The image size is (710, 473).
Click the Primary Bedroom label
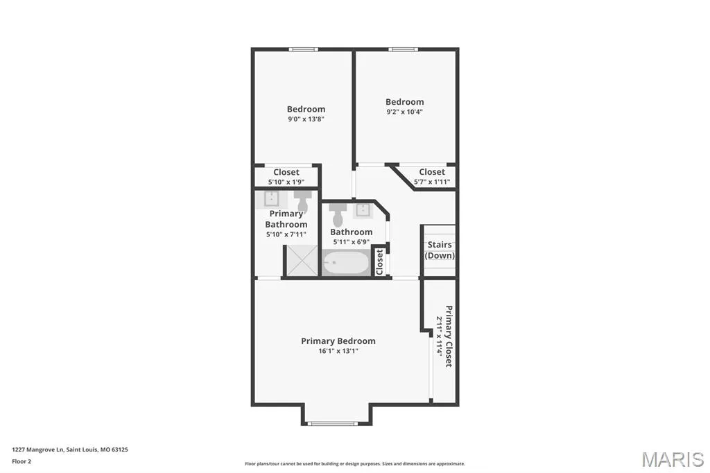click(x=338, y=341)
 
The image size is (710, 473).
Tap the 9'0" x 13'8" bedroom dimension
click(x=306, y=119)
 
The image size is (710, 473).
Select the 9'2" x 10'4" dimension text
click(x=405, y=112)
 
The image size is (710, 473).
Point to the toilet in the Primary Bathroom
click(x=303, y=200)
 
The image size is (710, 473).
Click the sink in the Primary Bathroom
click(x=271, y=199)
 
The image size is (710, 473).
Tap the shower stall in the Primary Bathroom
click(x=302, y=261)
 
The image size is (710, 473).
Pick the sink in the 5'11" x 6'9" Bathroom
click(x=363, y=211)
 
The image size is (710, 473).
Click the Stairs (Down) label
click(x=440, y=250)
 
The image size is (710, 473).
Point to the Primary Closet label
click(x=449, y=336)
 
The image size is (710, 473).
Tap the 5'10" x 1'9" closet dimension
click(x=286, y=182)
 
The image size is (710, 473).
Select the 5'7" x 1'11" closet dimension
click(x=432, y=182)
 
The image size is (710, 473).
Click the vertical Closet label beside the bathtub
click(x=379, y=262)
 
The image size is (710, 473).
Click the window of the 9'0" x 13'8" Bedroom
click(x=304, y=49)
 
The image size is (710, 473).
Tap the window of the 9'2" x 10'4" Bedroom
click(x=403, y=49)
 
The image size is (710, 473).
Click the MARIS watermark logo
click(x=673, y=459)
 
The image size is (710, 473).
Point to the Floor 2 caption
click(x=21, y=462)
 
